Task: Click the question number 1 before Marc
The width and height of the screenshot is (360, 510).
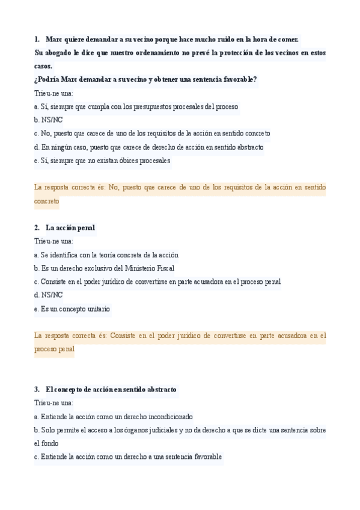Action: (37, 39)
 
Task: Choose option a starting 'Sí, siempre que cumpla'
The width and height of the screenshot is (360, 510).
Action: (136, 107)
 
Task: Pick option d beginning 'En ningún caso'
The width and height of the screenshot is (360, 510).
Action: (149, 147)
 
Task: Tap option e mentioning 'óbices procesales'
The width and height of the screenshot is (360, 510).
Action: (102, 161)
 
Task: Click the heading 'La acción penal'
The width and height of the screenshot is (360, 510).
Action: (70, 228)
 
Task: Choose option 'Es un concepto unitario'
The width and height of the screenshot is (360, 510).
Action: (72, 309)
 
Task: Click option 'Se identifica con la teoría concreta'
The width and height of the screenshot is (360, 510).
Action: (106, 255)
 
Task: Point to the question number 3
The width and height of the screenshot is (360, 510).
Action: (37, 390)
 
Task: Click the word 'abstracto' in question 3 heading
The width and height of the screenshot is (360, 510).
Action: (158, 390)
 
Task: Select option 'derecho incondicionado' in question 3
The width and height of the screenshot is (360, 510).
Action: (113, 416)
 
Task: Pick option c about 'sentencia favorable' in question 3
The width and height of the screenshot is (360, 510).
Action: (128, 457)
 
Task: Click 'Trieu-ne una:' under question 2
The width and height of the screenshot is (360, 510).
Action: (54, 241)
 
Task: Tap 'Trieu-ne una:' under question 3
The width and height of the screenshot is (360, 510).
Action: (54, 403)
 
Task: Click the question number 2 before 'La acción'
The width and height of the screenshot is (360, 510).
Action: (37, 228)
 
